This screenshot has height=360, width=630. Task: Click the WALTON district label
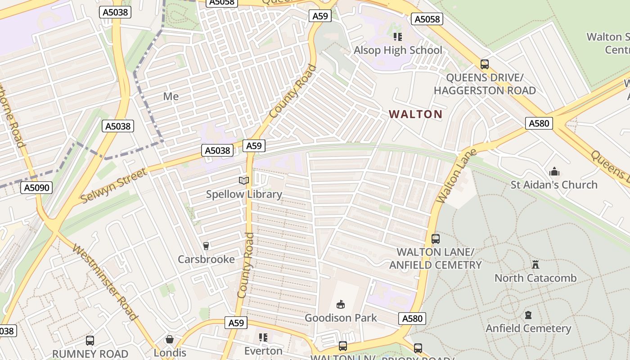click(x=415, y=114)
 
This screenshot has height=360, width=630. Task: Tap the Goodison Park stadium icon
click(x=341, y=305)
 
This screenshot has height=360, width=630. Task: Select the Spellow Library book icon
click(x=243, y=180)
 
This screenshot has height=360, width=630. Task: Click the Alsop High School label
click(x=398, y=50)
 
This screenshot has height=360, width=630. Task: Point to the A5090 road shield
click(x=36, y=187)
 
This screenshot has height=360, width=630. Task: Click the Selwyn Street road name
click(x=114, y=185)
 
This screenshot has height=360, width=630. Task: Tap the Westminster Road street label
click(x=104, y=282)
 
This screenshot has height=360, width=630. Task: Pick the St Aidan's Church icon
click(x=554, y=171)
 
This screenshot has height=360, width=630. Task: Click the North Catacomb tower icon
click(x=535, y=264)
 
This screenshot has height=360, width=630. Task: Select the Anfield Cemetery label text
click(x=528, y=328)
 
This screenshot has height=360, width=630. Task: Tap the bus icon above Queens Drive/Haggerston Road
click(x=485, y=64)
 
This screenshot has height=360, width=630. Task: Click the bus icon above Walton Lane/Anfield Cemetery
click(x=435, y=238)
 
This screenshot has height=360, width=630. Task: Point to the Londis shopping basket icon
click(x=170, y=339)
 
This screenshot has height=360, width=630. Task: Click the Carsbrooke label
click(x=206, y=259)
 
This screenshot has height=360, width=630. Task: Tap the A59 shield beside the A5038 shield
click(x=254, y=145)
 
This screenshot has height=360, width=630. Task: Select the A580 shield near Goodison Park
click(x=412, y=319)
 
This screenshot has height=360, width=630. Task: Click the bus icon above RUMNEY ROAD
click(x=90, y=341)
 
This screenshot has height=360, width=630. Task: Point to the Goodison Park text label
click(x=341, y=318)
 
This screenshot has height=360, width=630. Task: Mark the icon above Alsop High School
click(x=397, y=36)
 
